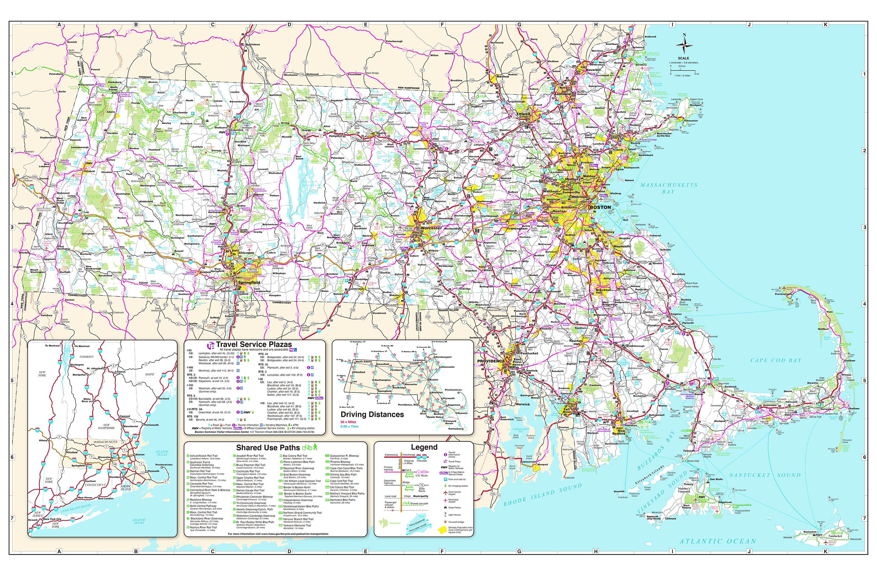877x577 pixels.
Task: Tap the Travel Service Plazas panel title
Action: click(254, 344)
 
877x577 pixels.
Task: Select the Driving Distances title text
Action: click(372, 414)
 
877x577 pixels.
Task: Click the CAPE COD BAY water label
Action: click(776, 360)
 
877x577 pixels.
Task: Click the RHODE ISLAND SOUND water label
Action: click(542, 494)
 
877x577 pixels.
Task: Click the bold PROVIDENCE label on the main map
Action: click(491, 361)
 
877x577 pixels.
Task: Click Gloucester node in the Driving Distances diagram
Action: click(447, 367)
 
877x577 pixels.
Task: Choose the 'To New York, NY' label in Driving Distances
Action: click(349, 407)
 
